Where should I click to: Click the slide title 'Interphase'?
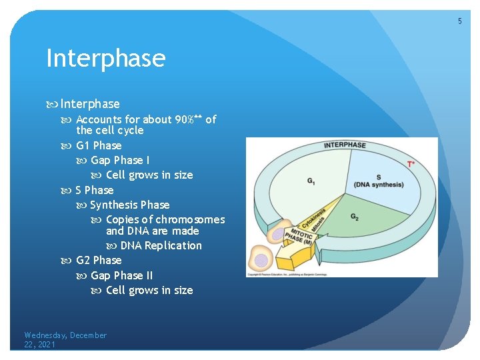[x=105, y=59]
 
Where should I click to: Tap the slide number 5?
[x=459, y=22]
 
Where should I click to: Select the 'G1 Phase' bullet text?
[x=99, y=145]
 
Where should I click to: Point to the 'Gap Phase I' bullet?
[x=120, y=160]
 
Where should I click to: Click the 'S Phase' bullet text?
[x=95, y=190]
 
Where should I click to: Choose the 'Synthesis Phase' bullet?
[x=129, y=205]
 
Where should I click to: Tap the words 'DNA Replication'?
[x=161, y=245]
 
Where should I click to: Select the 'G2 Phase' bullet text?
[x=99, y=260]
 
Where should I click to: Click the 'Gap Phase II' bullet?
[x=121, y=275]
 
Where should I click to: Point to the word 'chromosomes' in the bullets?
[x=190, y=219]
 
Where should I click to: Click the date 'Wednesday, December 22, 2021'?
[x=65, y=339]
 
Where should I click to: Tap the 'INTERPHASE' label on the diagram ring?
[x=345, y=145]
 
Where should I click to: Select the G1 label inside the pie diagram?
[x=311, y=181]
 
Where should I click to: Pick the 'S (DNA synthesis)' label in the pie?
[x=377, y=181]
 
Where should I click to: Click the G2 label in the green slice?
[x=355, y=217]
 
